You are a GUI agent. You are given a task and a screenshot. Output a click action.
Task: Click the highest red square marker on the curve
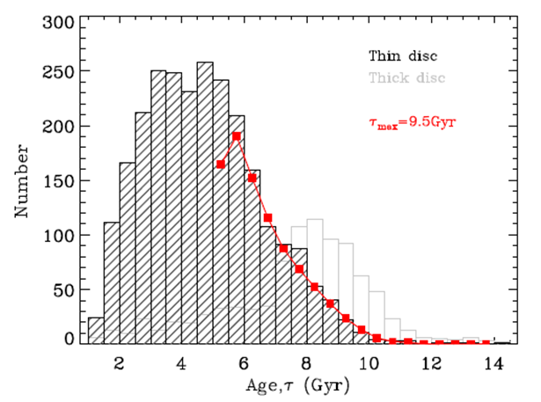[x=237, y=136]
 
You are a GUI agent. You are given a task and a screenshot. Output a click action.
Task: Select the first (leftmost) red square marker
[x=221, y=164]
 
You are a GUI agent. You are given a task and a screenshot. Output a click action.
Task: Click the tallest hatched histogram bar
[x=205, y=202]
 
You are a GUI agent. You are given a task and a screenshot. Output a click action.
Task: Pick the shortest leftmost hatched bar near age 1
[x=96, y=331]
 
